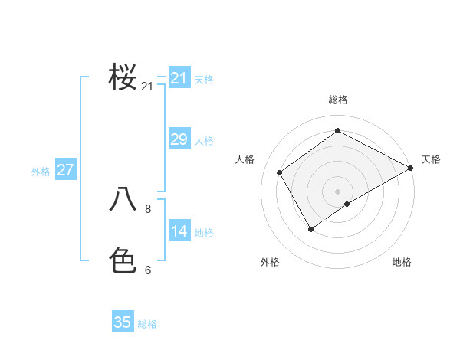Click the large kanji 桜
pos(123,77)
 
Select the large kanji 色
pos(123,260)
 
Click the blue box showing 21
pos(179,78)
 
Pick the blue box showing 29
pos(179,139)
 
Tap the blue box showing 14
pos(179,231)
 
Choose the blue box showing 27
pos(65,170)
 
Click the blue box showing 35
pos(123,322)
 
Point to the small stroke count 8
pos(148,208)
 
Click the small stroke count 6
pos(148,270)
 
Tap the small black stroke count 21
pos(147,87)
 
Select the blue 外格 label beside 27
pos(41,172)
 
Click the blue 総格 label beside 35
pos(147,324)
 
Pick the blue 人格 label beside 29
pos(204,141)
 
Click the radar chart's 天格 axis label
pos(431,159)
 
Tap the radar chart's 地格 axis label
pos(402,262)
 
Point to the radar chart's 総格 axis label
pos(337,100)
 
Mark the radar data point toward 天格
pos(410,168)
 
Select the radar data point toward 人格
pos(280,172)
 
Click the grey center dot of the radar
pos(337,191)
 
